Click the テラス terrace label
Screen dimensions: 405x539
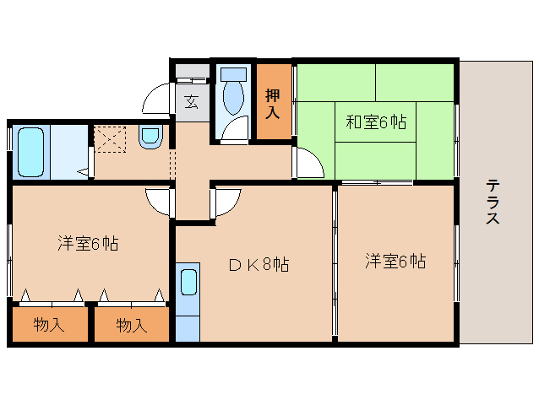(492, 202)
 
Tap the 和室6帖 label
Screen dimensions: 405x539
(375, 122)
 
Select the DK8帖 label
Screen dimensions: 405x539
(259, 265)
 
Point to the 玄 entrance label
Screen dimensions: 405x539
(192, 103)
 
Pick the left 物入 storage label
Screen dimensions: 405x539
(49, 324)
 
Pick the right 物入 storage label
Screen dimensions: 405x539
(131, 324)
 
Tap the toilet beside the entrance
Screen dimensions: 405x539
(231, 100)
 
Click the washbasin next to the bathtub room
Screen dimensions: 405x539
(150, 136)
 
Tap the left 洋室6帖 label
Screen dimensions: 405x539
(88, 245)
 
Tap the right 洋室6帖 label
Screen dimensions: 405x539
(395, 262)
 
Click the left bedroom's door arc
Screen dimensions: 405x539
(157, 201)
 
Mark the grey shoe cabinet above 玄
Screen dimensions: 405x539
(192, 72)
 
